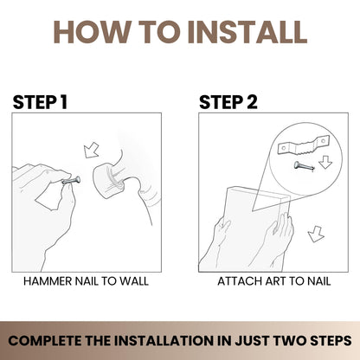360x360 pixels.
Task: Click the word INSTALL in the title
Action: pyautogui.click(x=248, y=32)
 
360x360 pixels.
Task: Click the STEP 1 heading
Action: pyautogui.click(x=40, y=102)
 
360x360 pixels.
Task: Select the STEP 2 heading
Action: pyautogui.click(x=228, y=102)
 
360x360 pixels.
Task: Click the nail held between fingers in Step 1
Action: pyautogui.click(x=71, y=181)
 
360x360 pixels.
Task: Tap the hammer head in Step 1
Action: pyautogui.click(x=110, y=181)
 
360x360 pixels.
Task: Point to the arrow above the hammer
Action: pyautogui.click(x=91, y=151)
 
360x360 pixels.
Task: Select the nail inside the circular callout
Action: pyautogui.click(x=304, y=166)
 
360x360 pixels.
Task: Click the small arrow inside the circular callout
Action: pyautogui.click(x=325, y=163)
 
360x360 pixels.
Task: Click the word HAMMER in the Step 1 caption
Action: pyautogui.click(x=48, y=281)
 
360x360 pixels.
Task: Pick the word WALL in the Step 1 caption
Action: pyautogui.click(x=134, y=281)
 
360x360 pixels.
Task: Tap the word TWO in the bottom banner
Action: pyautogui.click(x=290, y=341)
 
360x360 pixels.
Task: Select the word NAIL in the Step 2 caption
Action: pyautogui.click(x=318, y=281)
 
